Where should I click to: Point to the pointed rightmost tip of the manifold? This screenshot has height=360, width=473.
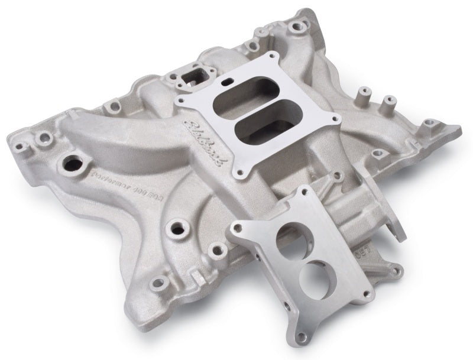458,127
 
